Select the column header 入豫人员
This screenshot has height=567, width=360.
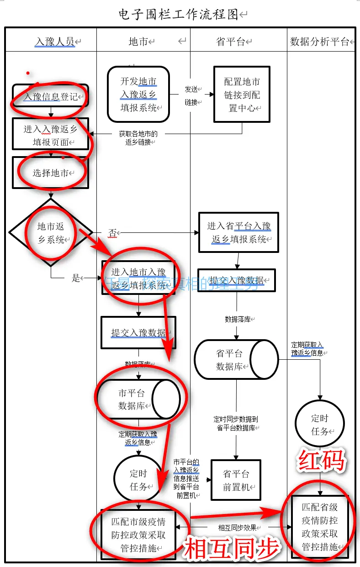click(x=55, y=42)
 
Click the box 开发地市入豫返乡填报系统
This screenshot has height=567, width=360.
click(x=138, y=94)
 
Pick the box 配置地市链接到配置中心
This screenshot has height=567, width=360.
click(x=242, y=94)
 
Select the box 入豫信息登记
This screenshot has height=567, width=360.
click(x=50, y=96)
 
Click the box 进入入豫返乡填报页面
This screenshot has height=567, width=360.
click(x=50, y=135)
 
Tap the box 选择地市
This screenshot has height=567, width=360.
click(x=50, y=173)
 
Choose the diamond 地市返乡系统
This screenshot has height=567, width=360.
click(x=50, y=232)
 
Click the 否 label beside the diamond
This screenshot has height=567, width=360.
click(x=112, y=232)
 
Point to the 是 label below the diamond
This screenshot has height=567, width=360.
click(x=76, y=278)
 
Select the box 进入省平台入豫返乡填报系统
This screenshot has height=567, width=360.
click(x=238, y=232)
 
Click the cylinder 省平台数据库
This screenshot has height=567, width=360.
click(x=236, y=359)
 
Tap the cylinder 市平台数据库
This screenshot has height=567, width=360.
click(x=137, y=399)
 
